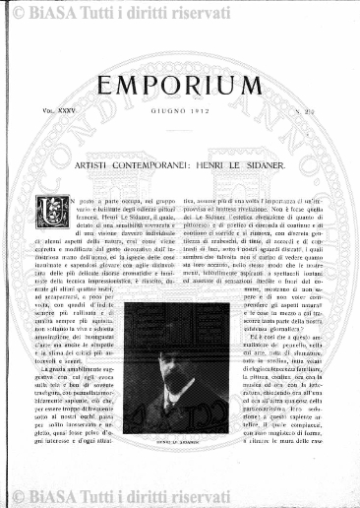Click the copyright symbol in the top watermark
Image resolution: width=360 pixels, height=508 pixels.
click(x=13, y=12)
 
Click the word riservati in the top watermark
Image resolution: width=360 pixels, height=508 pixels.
click(x=210, y=12)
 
